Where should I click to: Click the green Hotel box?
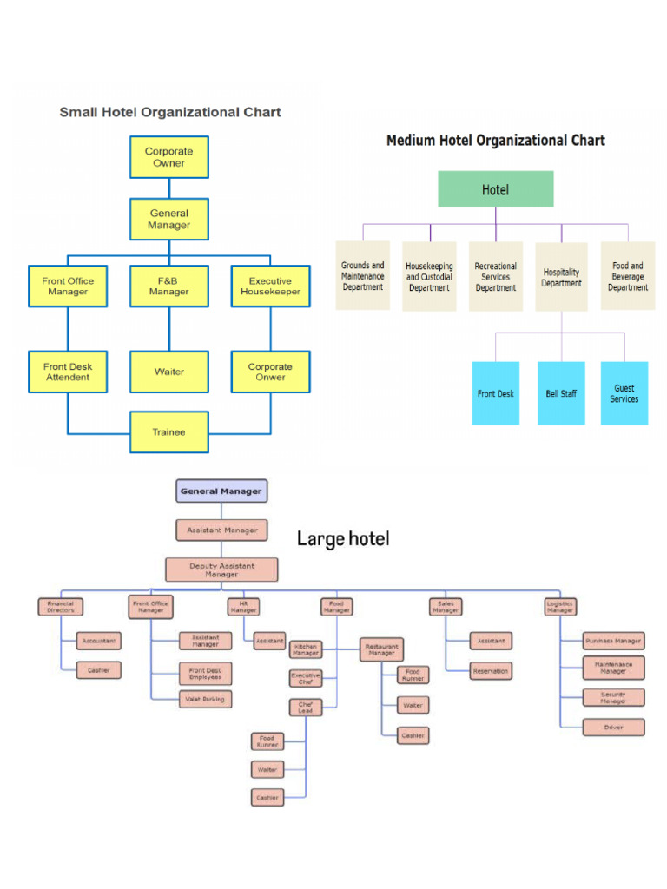tap(495, 189)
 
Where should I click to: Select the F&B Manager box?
tap(169, 286)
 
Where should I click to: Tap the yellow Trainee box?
tap(169, 431)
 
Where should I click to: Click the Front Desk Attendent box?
tap(68, 372)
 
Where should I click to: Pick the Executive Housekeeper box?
tap(270, 286)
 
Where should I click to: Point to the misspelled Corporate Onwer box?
tap(270, 372)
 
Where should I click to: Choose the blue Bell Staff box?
tap(561, 393)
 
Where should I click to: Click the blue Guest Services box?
tap(624, 393)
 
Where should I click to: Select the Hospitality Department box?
tap(561, 277)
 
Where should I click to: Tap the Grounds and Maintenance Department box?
tap(363, 276)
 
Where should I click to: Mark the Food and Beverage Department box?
tap(627, 276)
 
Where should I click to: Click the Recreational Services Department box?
tap(496, 277)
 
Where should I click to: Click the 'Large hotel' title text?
tap(343, 539)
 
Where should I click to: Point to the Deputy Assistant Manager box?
tap(221, 570)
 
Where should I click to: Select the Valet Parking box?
tap(206, 699)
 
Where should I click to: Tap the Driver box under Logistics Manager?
tap(613, 727)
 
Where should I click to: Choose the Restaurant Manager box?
tap(381, 649)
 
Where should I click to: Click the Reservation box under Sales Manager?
tap(491, 671)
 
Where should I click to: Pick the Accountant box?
tap(98, 641)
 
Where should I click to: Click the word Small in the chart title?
tap(78, 112)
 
